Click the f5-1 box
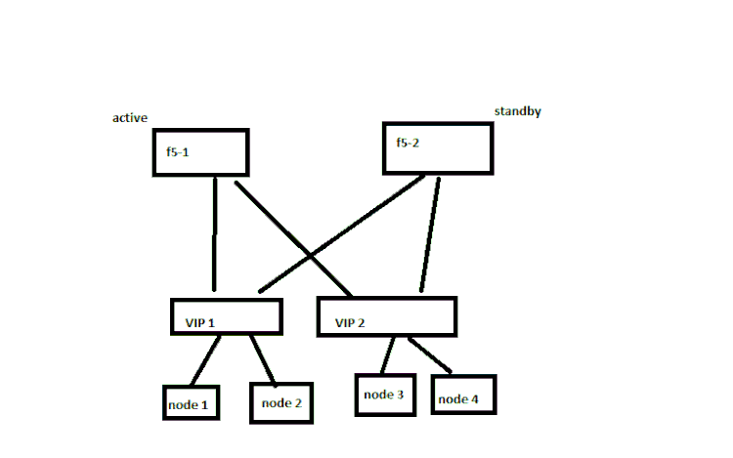(200, 152)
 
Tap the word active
(130, 118)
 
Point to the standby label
(517, 111)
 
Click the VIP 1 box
(226, 316)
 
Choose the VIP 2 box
(387, 316)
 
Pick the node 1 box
(191, 401)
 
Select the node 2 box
(281, 401)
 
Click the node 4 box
(463, 395)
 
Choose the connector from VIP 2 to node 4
(430, 354)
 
